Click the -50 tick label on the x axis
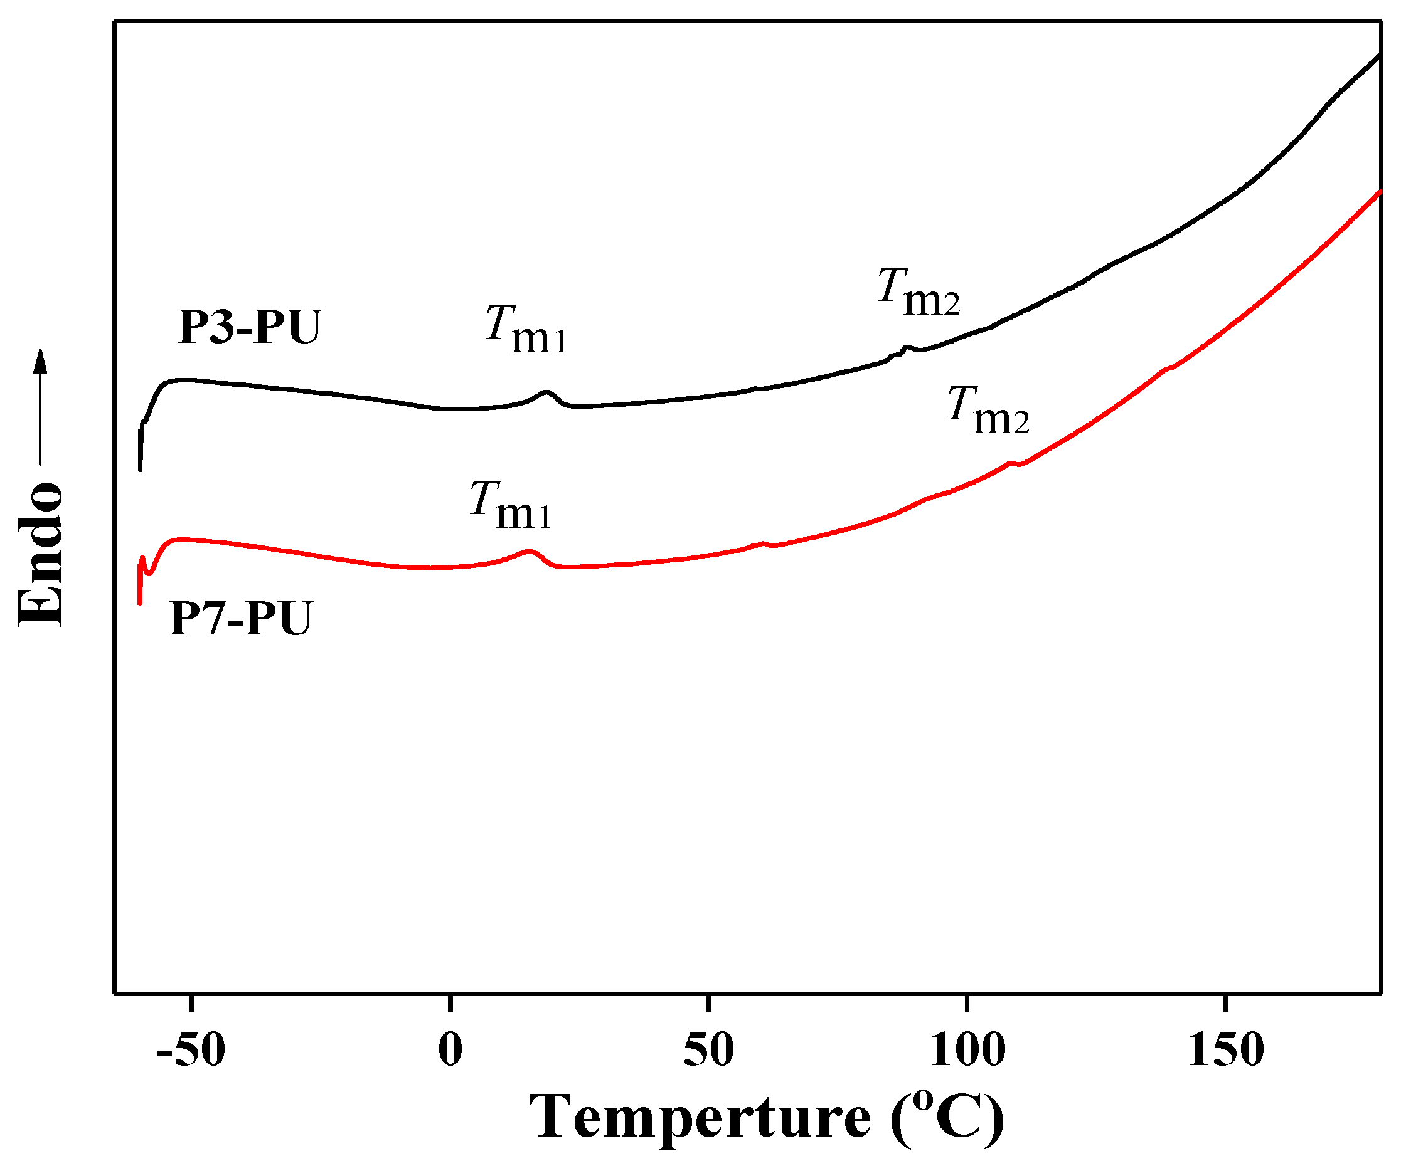[x=191, y=1050]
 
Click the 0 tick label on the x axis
[x=450, y=1050]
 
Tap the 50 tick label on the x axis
[x=708, y=1050]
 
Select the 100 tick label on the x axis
[x=967, y=1050]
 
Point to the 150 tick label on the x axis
[x=1225, y=1050]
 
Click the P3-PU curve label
[x=249, y=328]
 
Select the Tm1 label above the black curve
[x=526, y=329]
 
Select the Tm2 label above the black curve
[x=918, y=291]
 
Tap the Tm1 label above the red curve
[x=510, y=505]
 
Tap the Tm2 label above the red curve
[x=988, y=411]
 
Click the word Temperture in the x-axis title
[x=700, y=1118]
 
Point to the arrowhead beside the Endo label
[x=41, y=361]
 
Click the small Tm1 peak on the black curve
[x=547, y=392]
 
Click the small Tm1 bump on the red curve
[x=530, y=552]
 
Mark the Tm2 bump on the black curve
[x=907, y=347]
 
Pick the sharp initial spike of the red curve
[x=142, y=559]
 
